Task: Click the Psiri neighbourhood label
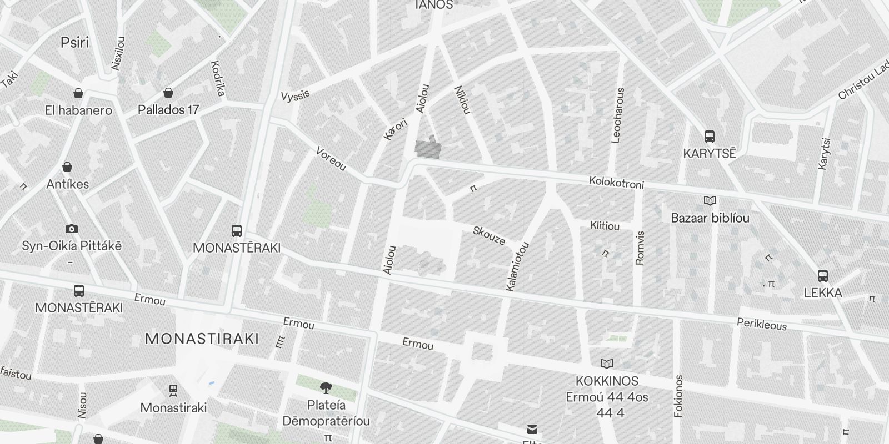pos(74,43)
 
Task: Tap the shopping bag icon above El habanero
pos(78,93)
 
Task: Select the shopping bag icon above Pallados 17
pos(168,93)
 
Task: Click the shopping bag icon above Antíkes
pos(67,167)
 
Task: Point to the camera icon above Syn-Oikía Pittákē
pos(71,229)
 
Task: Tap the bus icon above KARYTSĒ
pos(709,136)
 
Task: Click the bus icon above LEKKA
pos(823,275)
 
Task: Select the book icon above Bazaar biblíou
pos(710,201)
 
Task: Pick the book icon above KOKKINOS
pos(607,364)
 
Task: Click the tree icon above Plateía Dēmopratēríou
pos(326,387)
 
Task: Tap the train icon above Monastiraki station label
pos(173,391)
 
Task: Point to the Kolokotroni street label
pos(616,183)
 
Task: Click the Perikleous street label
pos(762,325)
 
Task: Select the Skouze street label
pos(489,236)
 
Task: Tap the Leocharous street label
pos(617,115)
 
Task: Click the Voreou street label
pos(331,159)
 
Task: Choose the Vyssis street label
pos(295,96)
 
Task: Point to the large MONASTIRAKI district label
pos(202,339)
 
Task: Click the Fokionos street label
pos(678,396)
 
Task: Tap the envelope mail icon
pos(532,430)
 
